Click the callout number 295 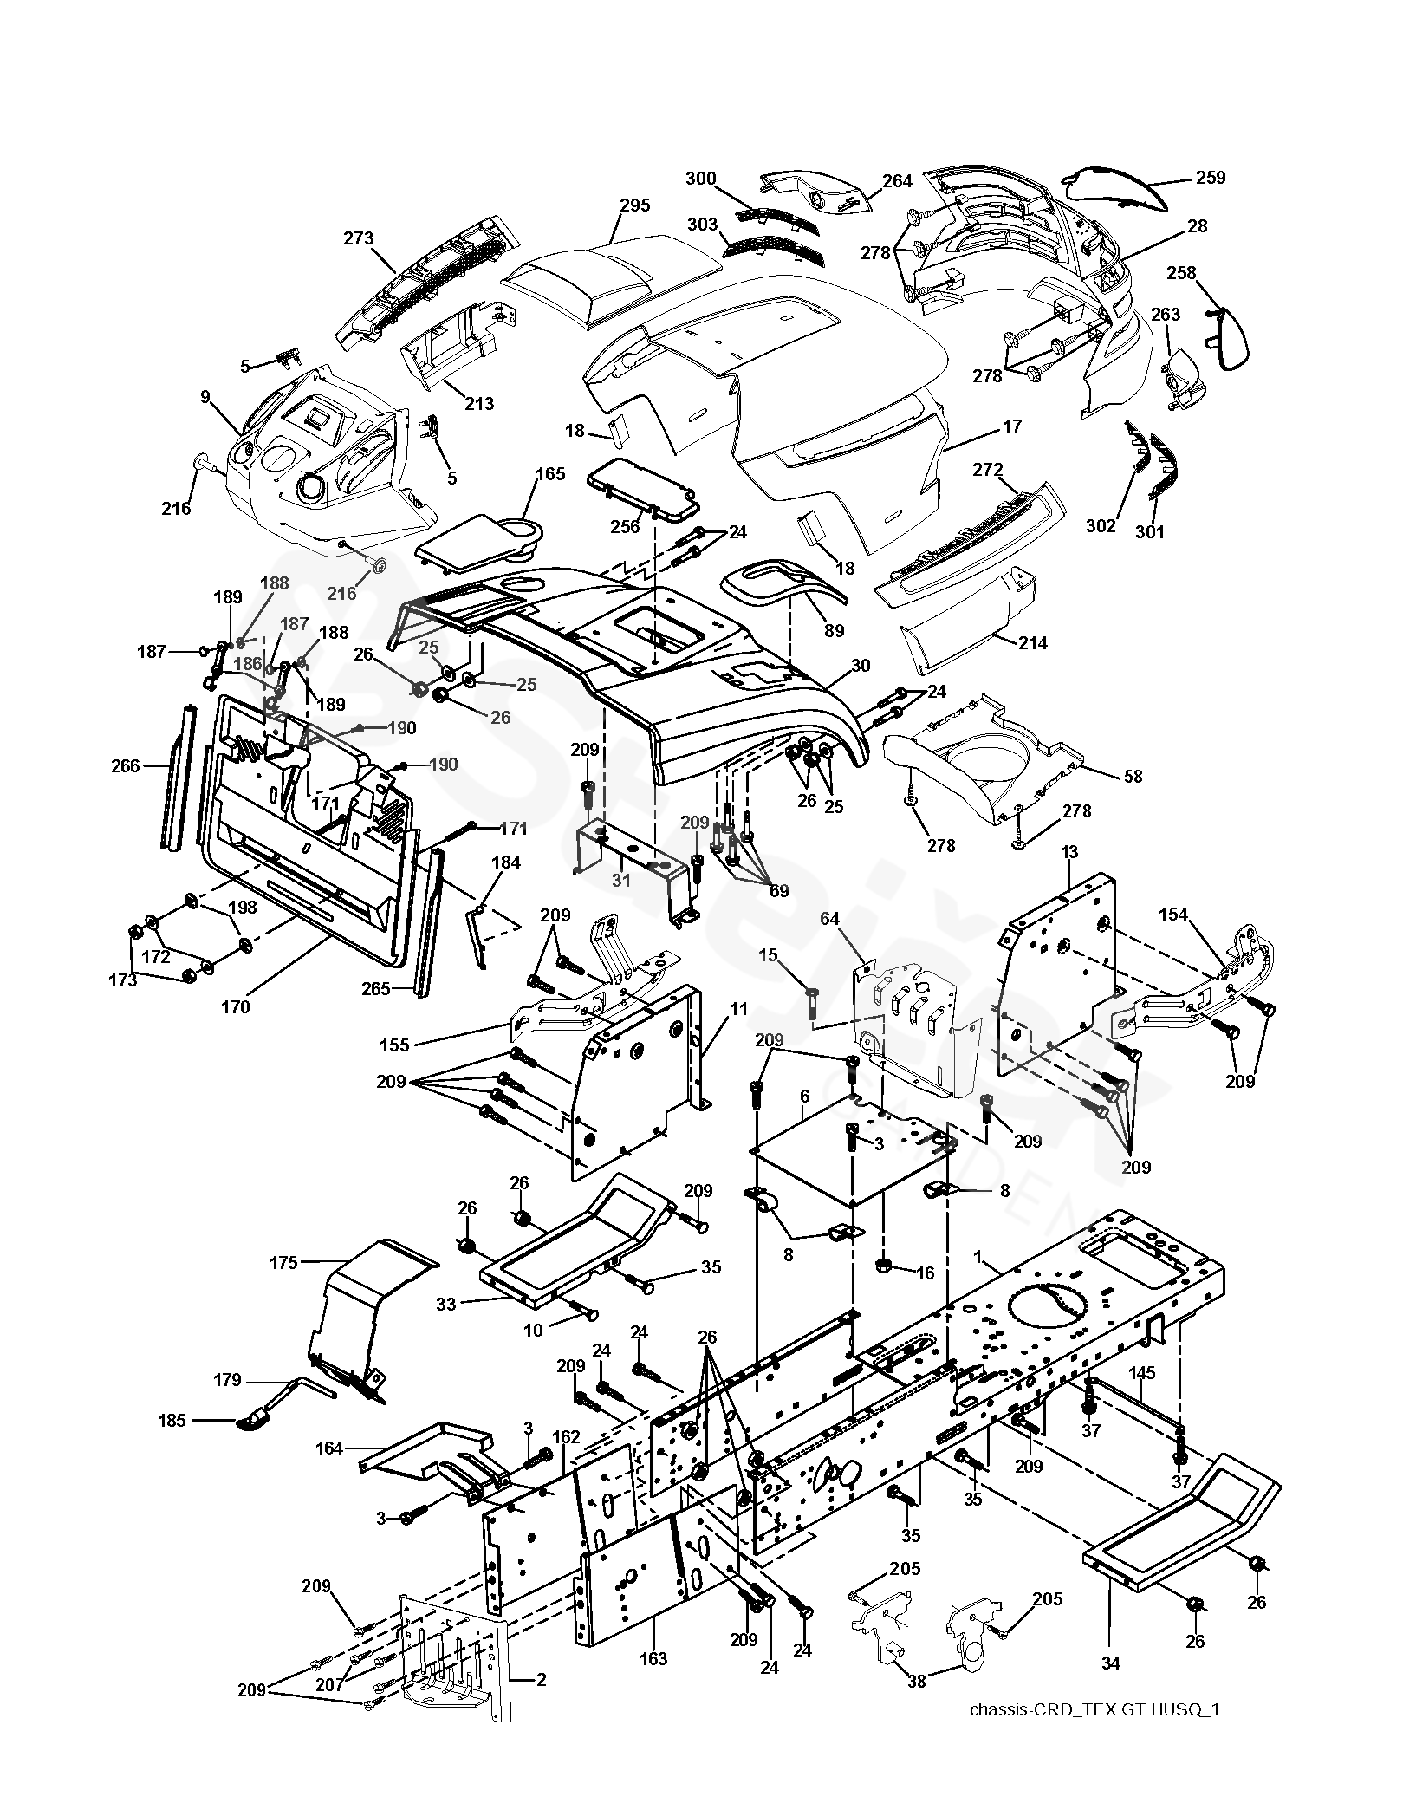coord(634,205)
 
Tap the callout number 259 coord(1211,178)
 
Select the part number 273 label coord(358,238)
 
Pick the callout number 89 coord(833,631)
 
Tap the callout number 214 coord(1032,642)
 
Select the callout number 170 coord(236,1006)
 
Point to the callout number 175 coord(283,1262)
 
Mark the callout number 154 coord(1174,915)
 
